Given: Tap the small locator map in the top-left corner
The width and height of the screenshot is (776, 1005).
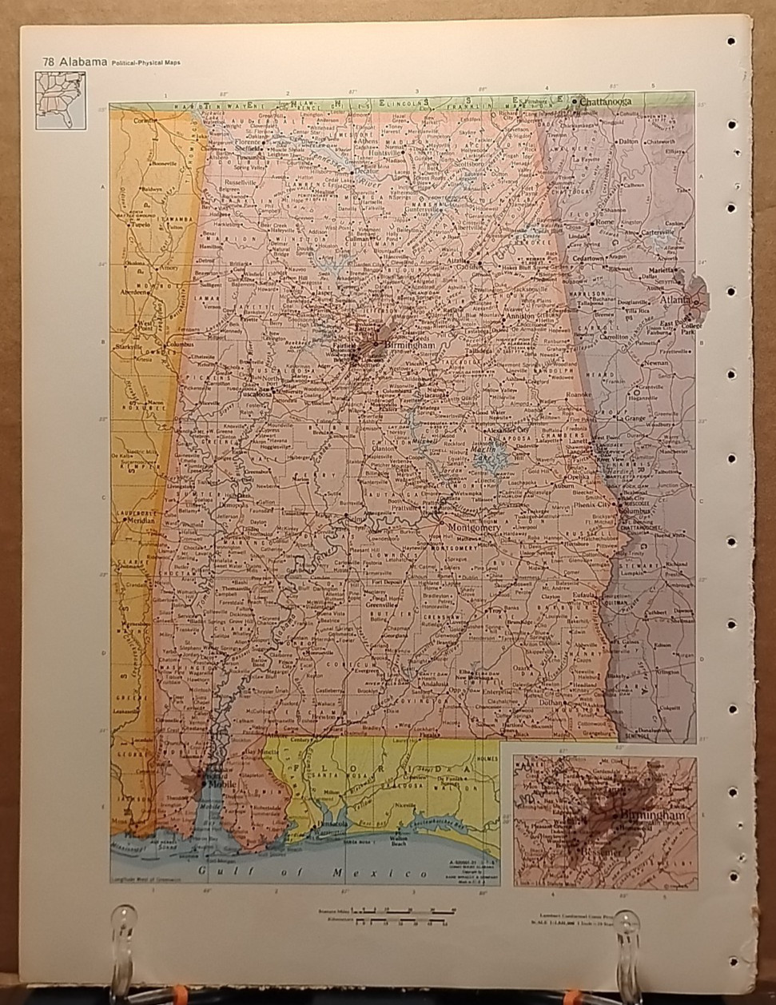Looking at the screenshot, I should (60, 99).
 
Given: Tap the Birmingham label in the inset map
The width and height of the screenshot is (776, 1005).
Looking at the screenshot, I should (652, 815).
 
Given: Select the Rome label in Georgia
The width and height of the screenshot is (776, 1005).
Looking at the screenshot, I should (625, 221).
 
